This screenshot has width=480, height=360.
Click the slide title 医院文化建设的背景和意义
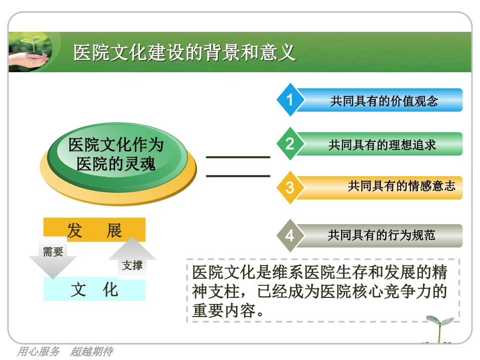pyautogui.click(x=184, y=53)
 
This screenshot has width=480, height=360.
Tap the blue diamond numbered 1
pyautogui.click(x=290, y=99)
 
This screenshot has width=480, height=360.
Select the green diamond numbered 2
pyautogui.click(x=290, y=144)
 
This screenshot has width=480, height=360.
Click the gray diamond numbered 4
pyautogui.click(x=290, y=235)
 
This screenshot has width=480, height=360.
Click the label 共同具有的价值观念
pyautogui.click(x=384, y=101)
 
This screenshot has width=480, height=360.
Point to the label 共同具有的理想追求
pyautogui.click(x=382, y=145)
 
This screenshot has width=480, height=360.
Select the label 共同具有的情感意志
pyautogui.click(x=401, y=186)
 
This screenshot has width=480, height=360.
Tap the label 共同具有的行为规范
pyautogui.click(x=381, y=235)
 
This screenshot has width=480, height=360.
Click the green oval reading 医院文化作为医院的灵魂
pyautogui.click(x=117, y=154)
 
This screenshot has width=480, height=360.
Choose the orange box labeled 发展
pyautogui.click(x=94, y=230)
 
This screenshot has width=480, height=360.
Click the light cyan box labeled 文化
pyautogui.click(x=94, y=290)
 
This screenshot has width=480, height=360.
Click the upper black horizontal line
pyautogui.click(x=238, y=157)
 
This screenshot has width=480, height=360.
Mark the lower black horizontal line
pyautogui.click(x=238, y=176)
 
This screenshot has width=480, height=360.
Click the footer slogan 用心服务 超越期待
pyautogui.click(x=65, y=351)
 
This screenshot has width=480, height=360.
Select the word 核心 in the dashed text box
pyautogui.click(x=363, y=291)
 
